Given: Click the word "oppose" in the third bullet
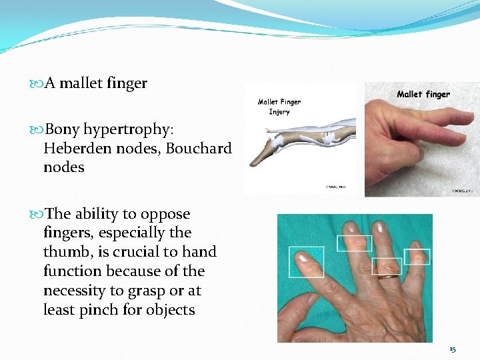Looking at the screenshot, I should [x=165, y=214].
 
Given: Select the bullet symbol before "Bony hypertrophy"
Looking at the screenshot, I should [x=37, y=129].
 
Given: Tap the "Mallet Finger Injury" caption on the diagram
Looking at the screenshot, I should [x=279, y=107].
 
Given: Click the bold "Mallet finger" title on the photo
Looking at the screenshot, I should [x=423, y=94].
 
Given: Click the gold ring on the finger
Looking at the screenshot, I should [x=386, y=270].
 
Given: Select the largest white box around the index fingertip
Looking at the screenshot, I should [x=306, y=262].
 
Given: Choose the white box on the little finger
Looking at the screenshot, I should [x=417, y=257].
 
